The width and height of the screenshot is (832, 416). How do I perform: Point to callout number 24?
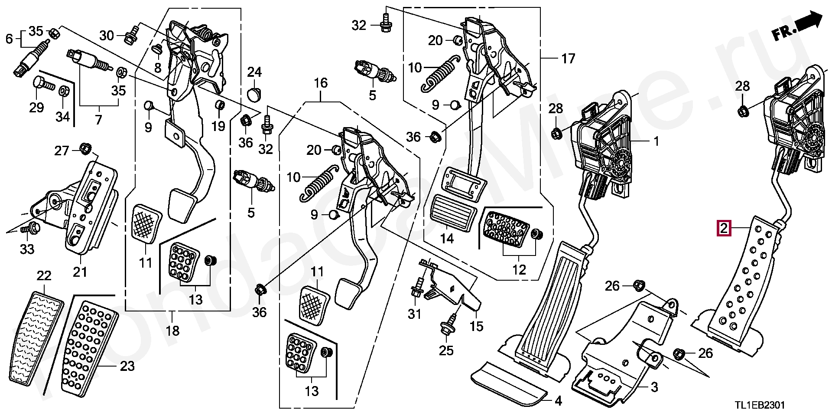coord(255,72)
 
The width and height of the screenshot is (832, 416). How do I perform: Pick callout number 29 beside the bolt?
coord(36,107)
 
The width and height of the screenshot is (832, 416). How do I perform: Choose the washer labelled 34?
coord(63,91)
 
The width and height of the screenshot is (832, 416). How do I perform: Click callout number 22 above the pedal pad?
coord(44,276)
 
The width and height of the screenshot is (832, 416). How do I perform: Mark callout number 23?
coord(127,367)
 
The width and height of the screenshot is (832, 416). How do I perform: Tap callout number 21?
coord(80,272)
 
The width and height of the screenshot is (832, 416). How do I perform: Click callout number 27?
coord(62,151)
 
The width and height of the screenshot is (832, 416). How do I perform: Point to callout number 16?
coord(321,83)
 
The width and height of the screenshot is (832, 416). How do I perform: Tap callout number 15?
coord(476,326)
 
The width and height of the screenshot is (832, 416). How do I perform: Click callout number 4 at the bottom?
coord(558,401)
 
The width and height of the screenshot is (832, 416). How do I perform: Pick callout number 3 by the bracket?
coord(654,387)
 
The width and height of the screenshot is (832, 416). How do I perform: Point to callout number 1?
coord(656,141)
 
